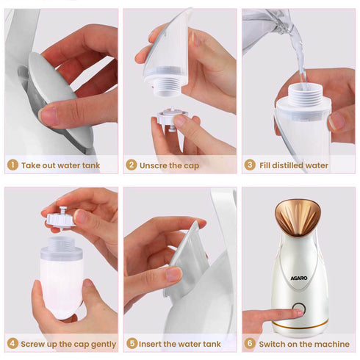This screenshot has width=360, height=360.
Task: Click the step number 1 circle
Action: (x=12, y=165)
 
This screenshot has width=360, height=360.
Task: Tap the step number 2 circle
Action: (x=132, y=165)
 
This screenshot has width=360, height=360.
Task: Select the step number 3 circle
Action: (x=250, y=165)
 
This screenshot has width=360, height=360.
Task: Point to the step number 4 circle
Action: (x=12, y=343)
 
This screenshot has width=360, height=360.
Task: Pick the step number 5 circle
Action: (x=132, y=343)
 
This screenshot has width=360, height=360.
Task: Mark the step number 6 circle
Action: (x=250, y=343)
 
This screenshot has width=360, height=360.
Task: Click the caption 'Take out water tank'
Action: (x=60, y=165)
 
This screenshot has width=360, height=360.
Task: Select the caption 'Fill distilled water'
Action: (x=294, y=165)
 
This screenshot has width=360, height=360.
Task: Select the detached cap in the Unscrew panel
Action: (x=171, y=118)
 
